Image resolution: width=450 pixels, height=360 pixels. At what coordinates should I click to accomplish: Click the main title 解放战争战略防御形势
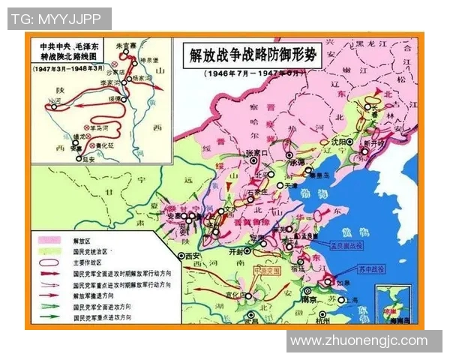pyautogui.click(x=253, y=55)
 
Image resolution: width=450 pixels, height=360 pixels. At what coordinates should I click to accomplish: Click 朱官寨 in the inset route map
pyautogui.click(x=111, y=45)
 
